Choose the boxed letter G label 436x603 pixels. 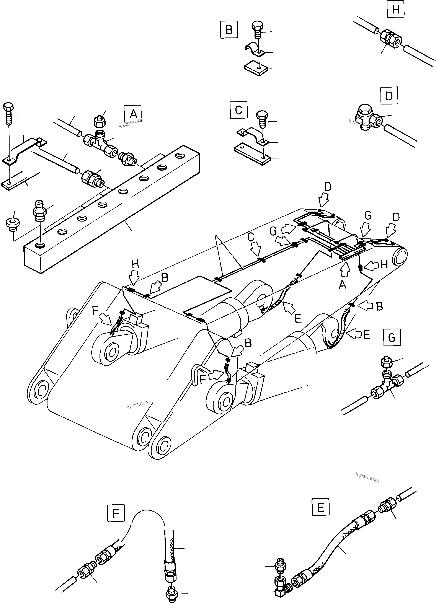(392, 338)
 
